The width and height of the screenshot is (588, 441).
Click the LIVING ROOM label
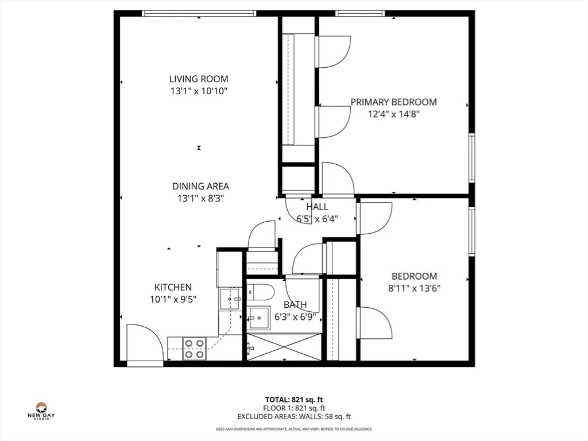pyautogui.click(x=199, y=79)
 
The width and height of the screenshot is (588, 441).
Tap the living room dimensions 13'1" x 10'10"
pyautogui.click(x=199, y=91)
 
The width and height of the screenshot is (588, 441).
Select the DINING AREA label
pyautogui.click(x=200, y=186)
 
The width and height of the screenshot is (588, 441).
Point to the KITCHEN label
pyautogui.click(x=173, y=287)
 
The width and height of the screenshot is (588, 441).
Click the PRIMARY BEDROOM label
pyautogui.click(x=393, y=102)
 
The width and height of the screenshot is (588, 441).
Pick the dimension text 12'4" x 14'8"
pyautogui.click(x=393, y=114)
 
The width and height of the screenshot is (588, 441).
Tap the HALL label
pyautogui.click(x=317, y=207)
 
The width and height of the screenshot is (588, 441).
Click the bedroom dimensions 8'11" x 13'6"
pyautogui.click(x=414, y=288)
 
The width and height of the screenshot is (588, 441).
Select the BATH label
pyautogui.click(x=295, y=304)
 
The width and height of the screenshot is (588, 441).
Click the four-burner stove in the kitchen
pyautogui.click(x=195, y=349)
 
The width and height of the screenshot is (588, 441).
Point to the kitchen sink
pyautogui.click(x=230, y=299)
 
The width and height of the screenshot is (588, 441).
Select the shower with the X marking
pyautogui.click(x=284, y=347)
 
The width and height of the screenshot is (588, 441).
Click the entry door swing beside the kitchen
pyautogui.click(x=142, y=343)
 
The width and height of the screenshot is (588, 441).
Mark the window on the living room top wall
pyautogui.click(x=199, y=13)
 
